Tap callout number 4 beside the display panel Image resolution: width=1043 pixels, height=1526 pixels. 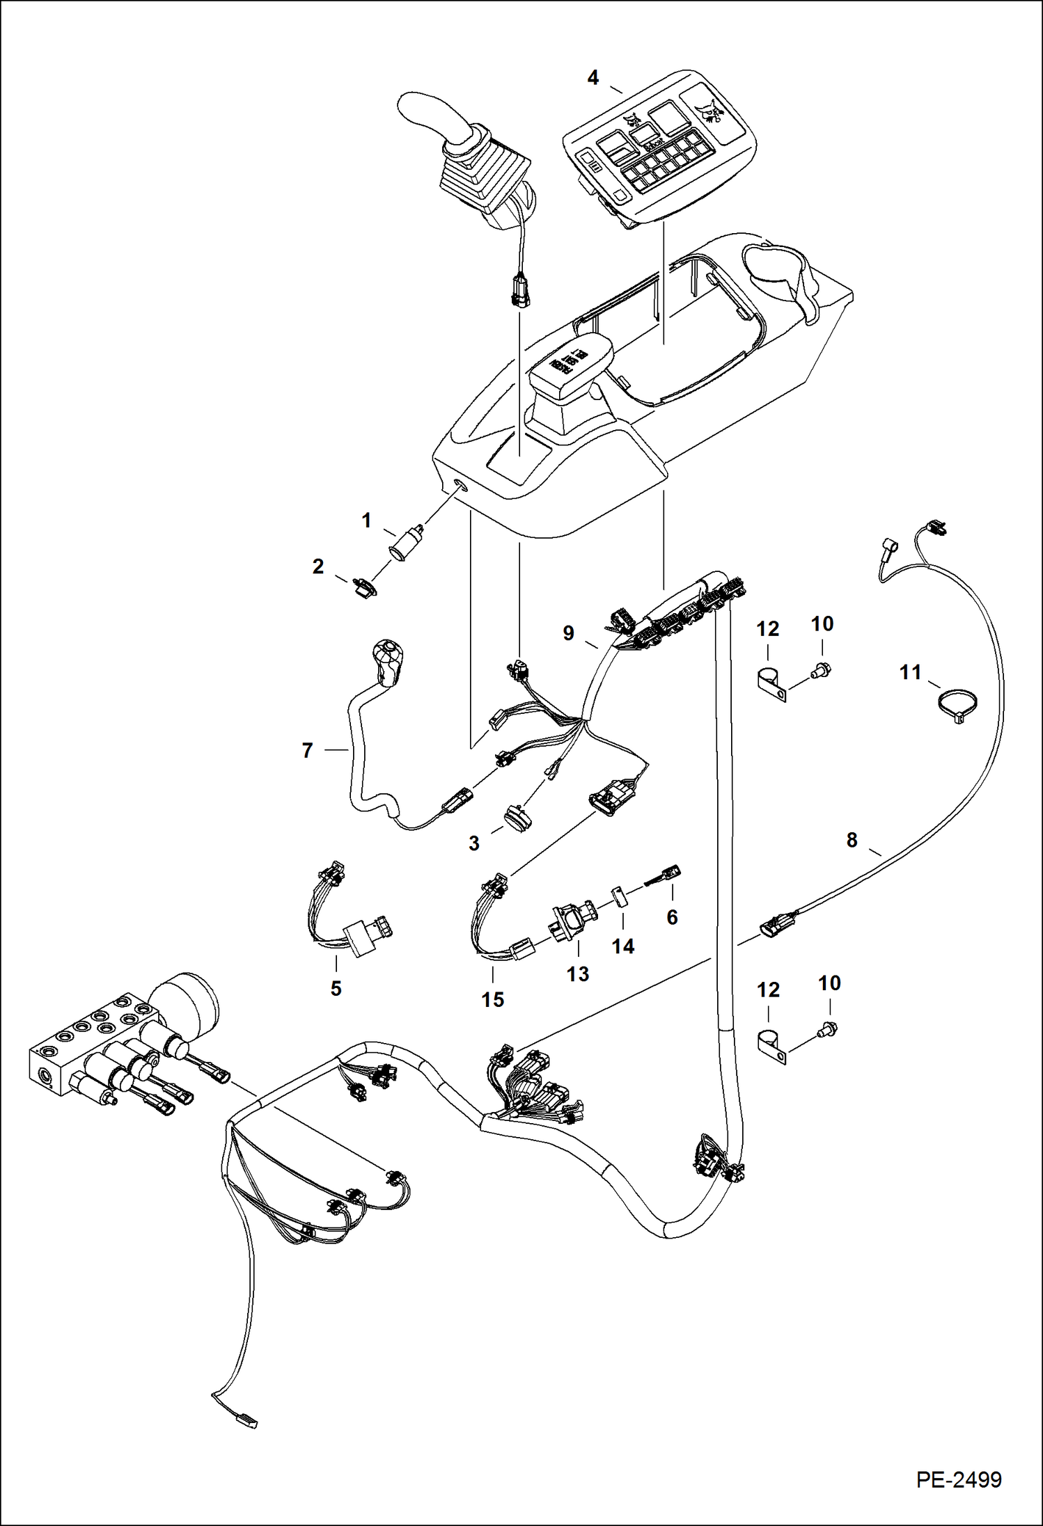coord(593,78)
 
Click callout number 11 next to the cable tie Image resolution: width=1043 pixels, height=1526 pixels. coord(910,672)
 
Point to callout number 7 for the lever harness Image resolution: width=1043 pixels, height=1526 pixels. coord(307,750)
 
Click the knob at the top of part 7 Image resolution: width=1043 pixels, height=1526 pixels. coord(386,659)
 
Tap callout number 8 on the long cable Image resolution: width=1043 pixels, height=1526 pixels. coord(852,840)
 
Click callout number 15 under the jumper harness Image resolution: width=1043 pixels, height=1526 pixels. coord(492,999)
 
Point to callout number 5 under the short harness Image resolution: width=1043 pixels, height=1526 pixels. coord(336,988)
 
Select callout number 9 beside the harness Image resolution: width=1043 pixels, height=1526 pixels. coord(568,633)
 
